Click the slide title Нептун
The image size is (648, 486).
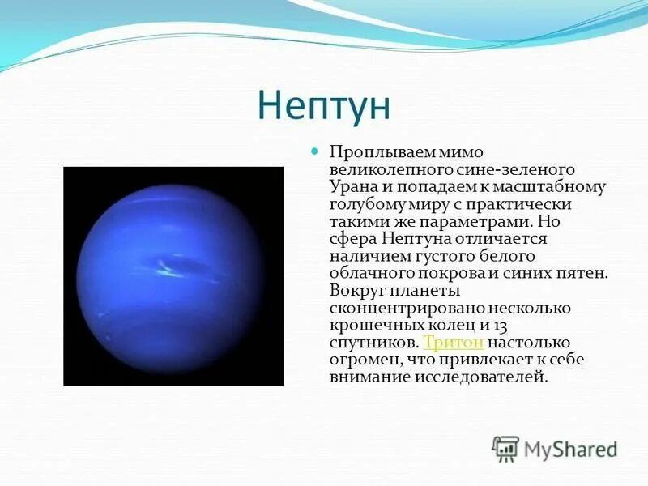pos(323,106)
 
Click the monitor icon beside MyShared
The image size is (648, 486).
pos(505,448)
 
